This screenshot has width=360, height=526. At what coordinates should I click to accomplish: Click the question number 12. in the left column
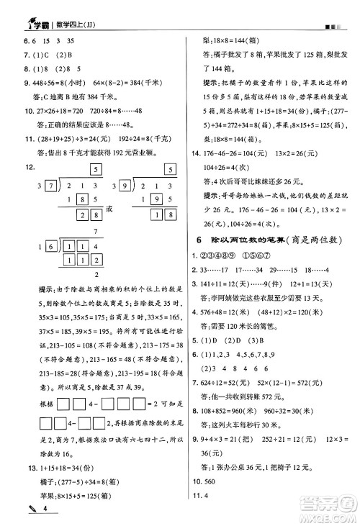coord(11,167)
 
